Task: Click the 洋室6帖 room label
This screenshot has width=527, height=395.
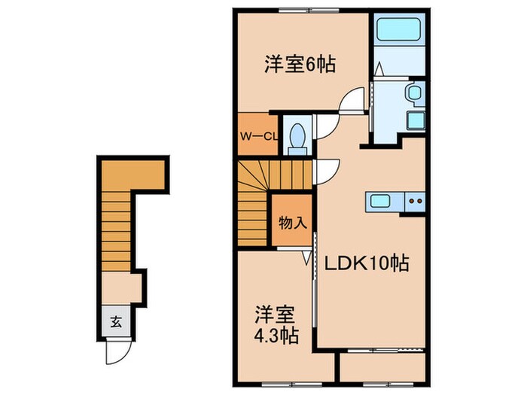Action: [299, 65]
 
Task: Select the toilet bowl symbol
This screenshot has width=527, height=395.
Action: [297, 136]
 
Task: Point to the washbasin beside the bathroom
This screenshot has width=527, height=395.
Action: [413, 94]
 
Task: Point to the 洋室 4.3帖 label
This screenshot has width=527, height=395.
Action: [274, 324]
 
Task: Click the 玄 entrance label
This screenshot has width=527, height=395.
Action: [116, 323]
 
